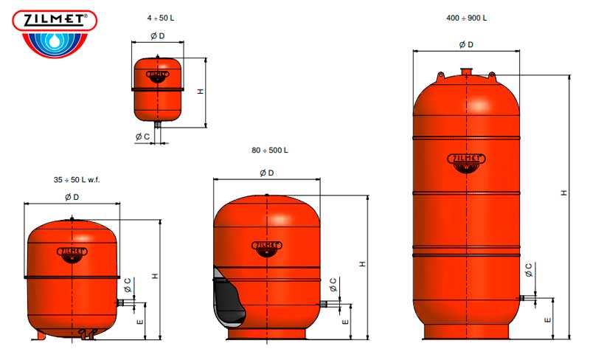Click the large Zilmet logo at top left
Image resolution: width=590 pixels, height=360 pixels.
point(55,34)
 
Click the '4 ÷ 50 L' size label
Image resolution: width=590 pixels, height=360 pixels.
point(161,18)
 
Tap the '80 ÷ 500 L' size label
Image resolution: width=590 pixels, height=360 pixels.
point(270,150)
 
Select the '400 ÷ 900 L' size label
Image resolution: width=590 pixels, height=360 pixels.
point(466,18)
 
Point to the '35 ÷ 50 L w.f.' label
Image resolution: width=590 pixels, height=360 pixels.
point(77,180)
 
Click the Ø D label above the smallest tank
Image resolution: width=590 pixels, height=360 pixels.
point(158,35)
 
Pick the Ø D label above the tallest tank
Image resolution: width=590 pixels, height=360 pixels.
point(466,45)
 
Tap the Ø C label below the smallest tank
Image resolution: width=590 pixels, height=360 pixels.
point(142,136)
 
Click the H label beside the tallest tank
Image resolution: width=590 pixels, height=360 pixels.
point(563,193)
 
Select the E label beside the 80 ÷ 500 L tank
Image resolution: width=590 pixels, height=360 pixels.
point(345,322)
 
